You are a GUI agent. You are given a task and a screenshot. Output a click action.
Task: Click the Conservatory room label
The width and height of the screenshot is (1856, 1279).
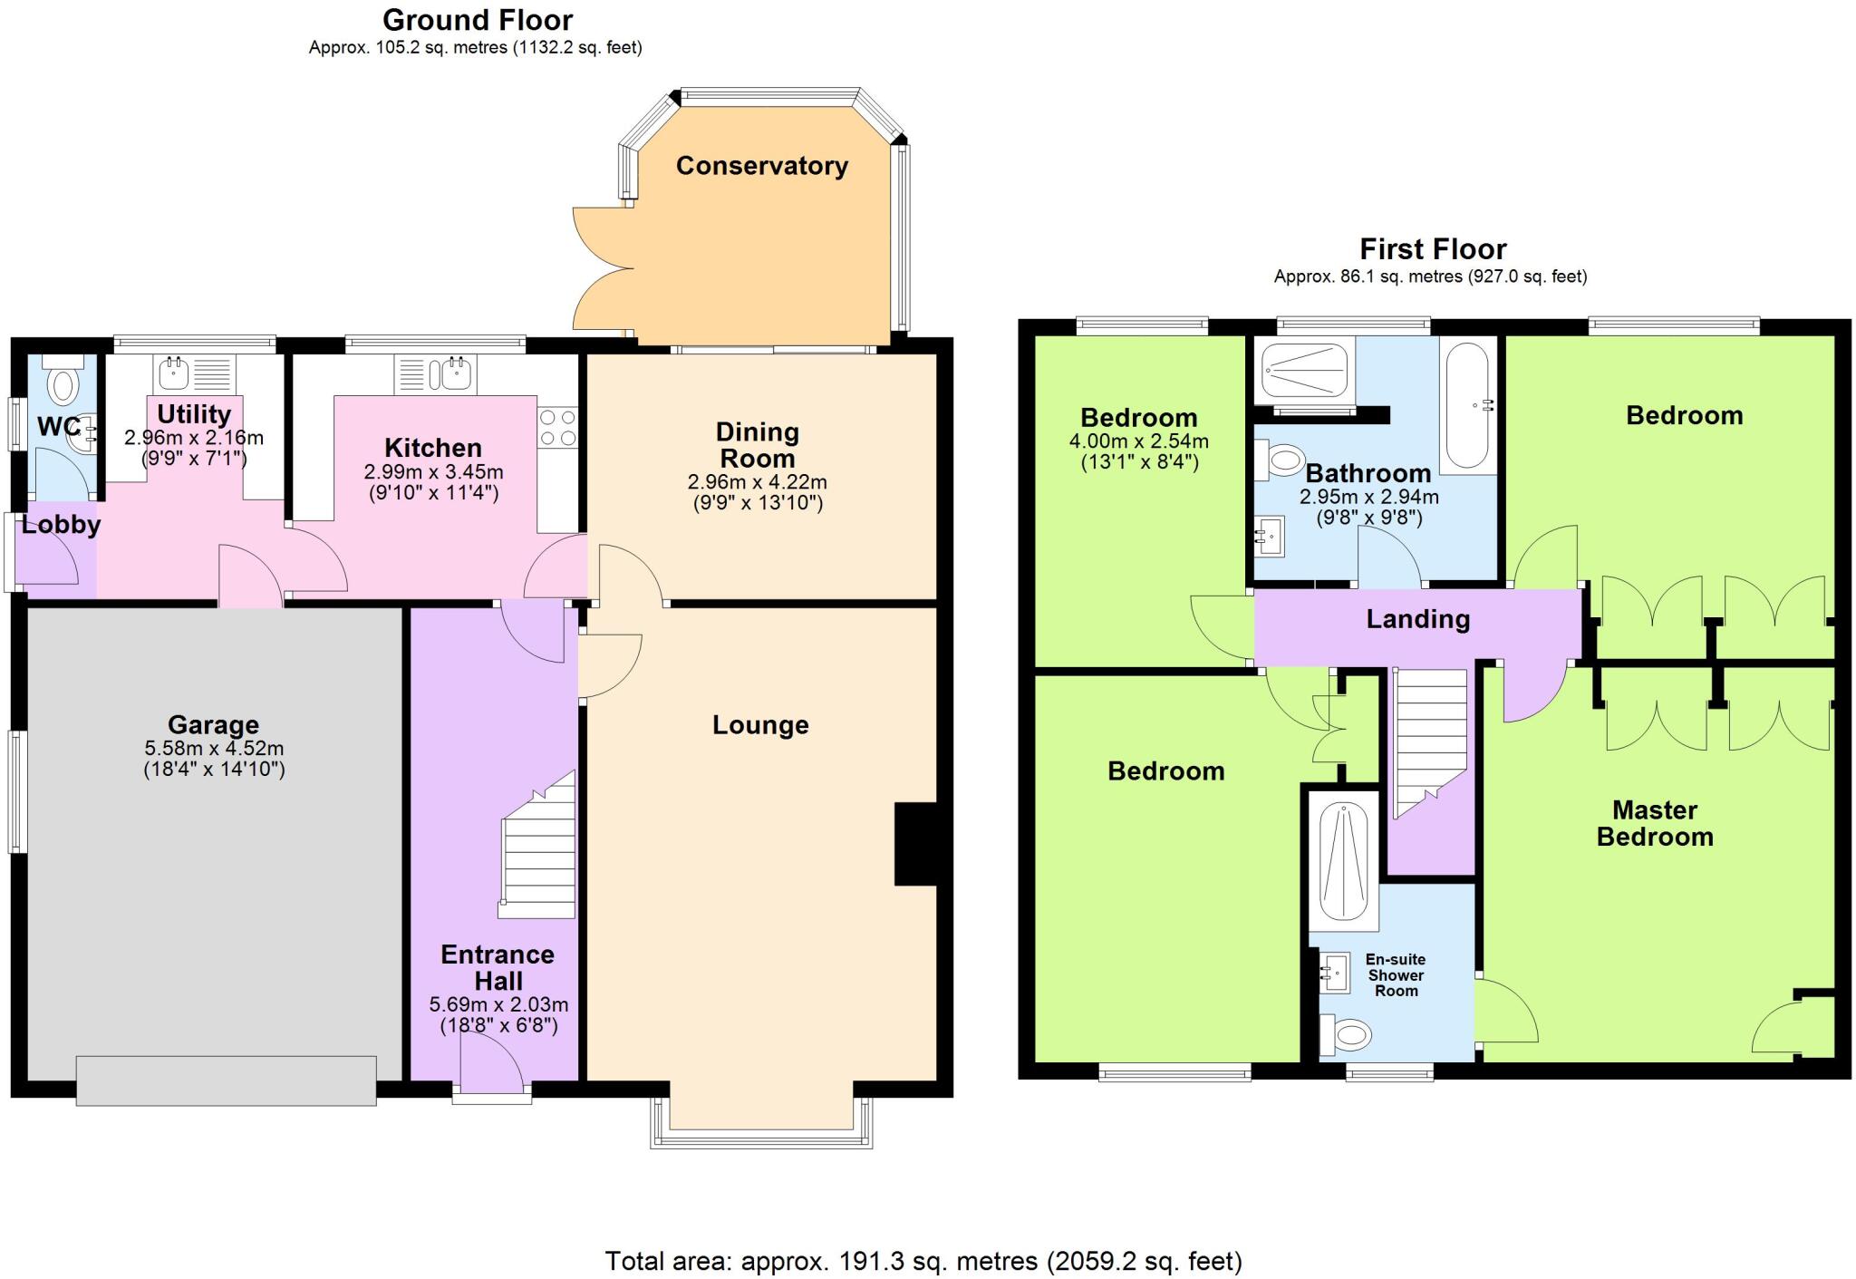point(761,166)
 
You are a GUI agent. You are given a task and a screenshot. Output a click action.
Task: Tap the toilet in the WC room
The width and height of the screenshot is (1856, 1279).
point(63,382)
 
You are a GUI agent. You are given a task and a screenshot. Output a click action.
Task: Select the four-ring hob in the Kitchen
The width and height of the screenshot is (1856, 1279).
point(556,428)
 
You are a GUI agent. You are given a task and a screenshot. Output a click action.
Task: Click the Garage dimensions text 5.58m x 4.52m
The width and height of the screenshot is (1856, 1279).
point(214,749)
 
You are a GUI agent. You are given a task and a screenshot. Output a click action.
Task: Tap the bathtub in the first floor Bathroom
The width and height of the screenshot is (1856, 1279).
point(1468,405)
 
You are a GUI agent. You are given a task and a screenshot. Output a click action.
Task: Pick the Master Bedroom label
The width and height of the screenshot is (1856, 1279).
point(1654,823)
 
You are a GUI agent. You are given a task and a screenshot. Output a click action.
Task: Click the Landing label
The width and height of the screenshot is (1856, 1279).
point(1417,619)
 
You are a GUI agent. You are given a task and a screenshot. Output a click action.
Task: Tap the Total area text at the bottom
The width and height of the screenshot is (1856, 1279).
point(923,1261)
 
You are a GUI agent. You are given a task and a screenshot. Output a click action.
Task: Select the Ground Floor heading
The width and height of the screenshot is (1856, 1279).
point(477,20)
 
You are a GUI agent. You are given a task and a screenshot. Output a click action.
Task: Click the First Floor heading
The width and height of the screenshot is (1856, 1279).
point(1432,249)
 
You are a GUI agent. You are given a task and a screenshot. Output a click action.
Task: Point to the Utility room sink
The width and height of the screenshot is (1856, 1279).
point(174,373)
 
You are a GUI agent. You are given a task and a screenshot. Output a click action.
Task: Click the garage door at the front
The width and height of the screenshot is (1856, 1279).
point(226,1080)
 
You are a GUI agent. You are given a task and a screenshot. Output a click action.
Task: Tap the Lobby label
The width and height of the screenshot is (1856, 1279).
point(61,525)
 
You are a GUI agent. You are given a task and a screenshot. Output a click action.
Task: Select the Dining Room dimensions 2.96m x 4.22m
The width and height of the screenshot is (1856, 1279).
point(757,482)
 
